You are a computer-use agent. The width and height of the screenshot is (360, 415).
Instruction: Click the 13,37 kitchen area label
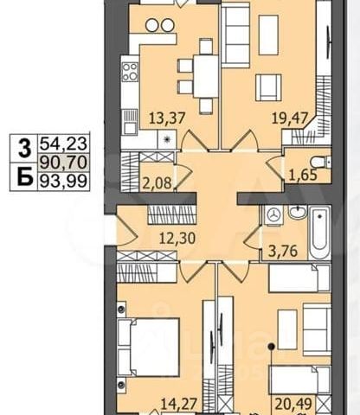167,118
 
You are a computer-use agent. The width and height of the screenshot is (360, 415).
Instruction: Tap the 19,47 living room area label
290,118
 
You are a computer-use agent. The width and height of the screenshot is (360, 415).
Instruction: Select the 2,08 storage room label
157,182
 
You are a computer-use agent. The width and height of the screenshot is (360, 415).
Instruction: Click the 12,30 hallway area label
178,239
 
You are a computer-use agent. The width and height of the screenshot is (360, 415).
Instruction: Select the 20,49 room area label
293,404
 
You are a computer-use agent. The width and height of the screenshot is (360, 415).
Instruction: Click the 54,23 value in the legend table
63,144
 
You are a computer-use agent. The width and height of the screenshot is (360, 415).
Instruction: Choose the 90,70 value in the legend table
63,163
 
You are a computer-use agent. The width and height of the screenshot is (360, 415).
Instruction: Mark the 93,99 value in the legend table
63,181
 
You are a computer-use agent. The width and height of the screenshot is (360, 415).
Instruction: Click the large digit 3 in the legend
24,148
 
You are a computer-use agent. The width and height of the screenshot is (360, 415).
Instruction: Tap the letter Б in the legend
24,176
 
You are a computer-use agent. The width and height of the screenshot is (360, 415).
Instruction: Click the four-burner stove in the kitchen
130,72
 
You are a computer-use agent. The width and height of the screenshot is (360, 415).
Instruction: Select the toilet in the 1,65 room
321,162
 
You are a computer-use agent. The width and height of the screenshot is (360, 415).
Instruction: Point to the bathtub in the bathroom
319,233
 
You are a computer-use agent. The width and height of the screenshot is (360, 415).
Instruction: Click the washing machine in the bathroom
273,214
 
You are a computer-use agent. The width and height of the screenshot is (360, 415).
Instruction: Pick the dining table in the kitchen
206,76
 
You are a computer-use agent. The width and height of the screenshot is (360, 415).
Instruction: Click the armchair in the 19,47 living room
268,87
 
